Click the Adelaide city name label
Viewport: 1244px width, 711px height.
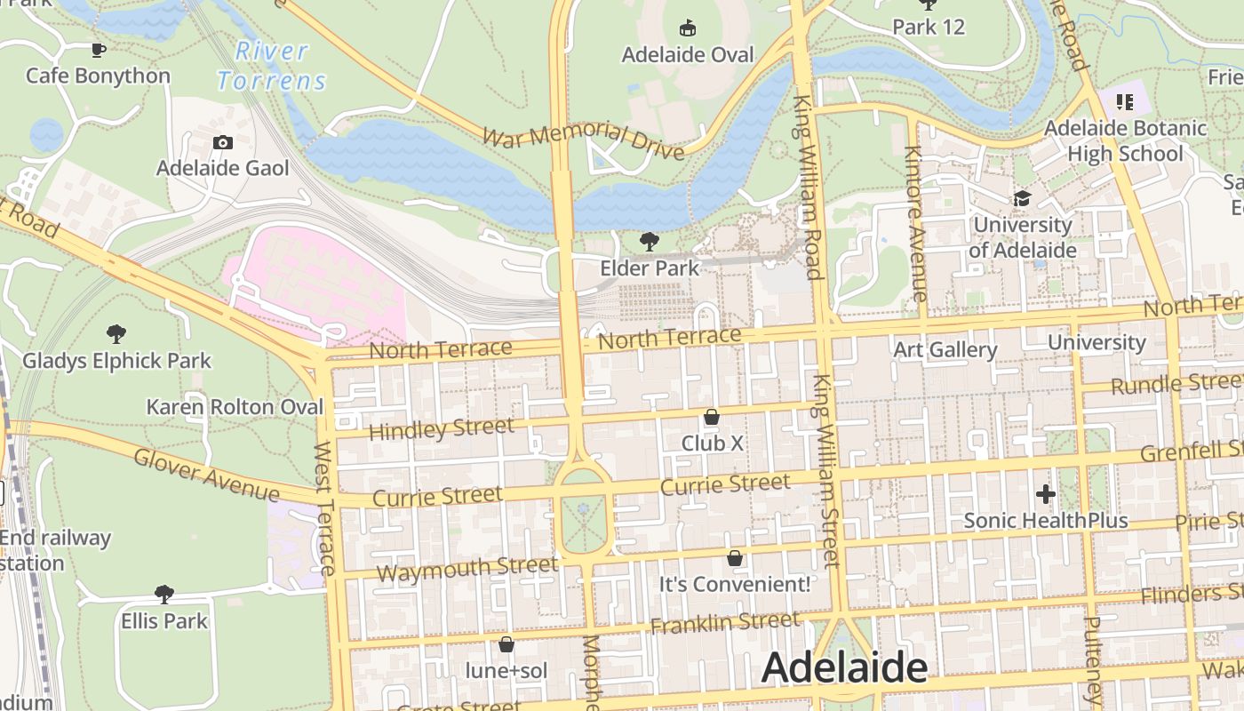(x=843, y=667)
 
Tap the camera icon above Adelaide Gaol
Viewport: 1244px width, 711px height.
(x=223, y=142)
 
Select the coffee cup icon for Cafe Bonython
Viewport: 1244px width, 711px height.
(x=98, y=50)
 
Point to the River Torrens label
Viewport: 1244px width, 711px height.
(x=271, y=66)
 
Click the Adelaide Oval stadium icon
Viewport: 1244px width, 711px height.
(x=687, y=28)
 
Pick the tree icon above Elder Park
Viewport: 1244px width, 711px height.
(x=650, y=241)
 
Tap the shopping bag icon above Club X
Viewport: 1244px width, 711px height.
(x=712, y=416)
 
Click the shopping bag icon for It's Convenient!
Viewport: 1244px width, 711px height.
(x=735, y=558)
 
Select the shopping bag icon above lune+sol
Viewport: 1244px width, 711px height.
(x=506, y=644)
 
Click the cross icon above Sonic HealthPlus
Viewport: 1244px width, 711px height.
(x=1046, y=493)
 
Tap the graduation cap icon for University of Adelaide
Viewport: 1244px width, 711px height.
(x=1022, y=198)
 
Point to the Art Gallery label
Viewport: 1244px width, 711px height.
(x=945, y=349)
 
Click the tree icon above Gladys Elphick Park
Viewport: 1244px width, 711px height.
(x=116, y=334)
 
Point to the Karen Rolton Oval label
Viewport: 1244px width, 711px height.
(x=235, y=407)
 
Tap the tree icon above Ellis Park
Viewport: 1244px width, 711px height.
(x=164, y=594)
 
